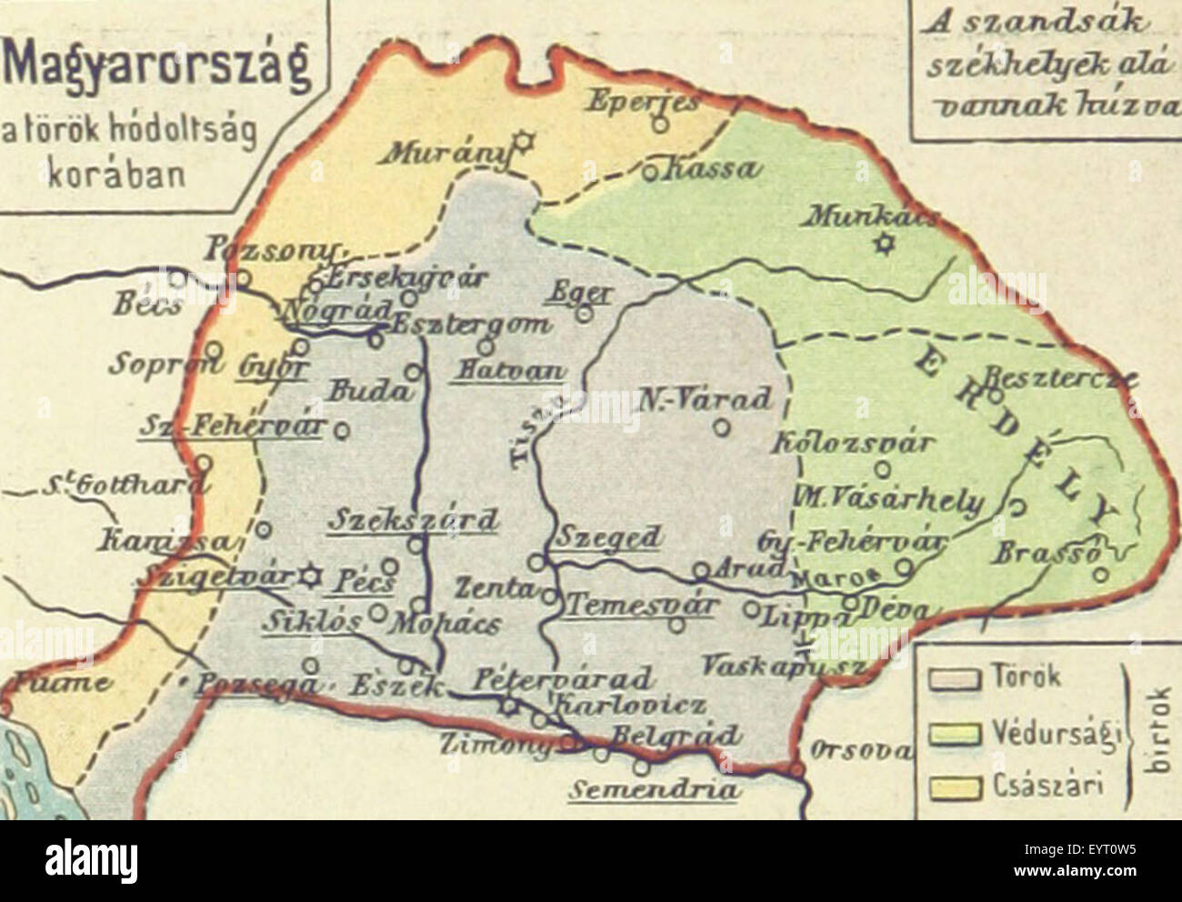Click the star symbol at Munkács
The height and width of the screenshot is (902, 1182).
[x=881, y=244]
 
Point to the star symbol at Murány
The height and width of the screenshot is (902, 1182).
[x=523, y=141]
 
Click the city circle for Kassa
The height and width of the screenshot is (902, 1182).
[x=650, y=170]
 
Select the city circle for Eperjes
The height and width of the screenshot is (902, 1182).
[x=661, y=123]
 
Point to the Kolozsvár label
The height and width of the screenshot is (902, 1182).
[x=853, y=444]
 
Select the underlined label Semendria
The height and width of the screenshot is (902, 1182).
[x=653, y=789]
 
